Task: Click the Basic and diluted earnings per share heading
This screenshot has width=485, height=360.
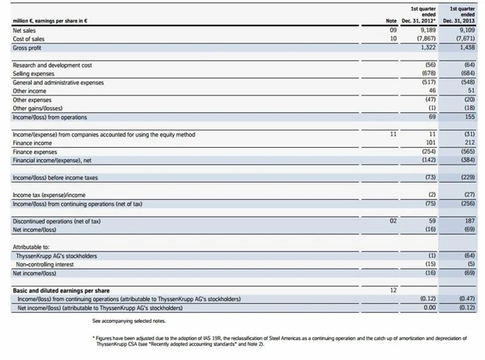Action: [57, 290]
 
